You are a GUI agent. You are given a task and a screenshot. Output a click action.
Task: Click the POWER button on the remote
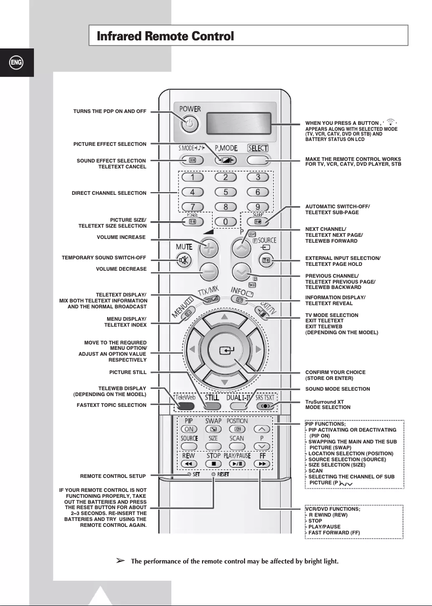point(189,125)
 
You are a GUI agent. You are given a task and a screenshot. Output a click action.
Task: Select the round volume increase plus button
point(207,249)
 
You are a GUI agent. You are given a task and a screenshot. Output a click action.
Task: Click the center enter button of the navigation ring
point(224,351)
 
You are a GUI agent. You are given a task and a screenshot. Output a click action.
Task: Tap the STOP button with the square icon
point(213,463)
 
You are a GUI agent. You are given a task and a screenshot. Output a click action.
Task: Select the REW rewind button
point(189,463)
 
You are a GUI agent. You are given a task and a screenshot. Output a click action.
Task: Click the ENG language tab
point(16,62)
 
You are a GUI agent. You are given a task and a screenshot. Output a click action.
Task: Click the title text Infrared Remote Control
point(165,37)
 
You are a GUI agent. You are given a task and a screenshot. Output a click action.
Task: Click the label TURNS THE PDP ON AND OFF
point(110,111)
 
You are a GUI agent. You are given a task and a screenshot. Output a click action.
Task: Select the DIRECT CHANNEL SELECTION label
point(109,193)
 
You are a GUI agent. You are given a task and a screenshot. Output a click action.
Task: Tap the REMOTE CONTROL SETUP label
point(113,476)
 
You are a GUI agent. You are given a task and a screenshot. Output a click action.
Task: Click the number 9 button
point(257,207)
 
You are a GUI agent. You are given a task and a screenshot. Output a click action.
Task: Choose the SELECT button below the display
point(257,160)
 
